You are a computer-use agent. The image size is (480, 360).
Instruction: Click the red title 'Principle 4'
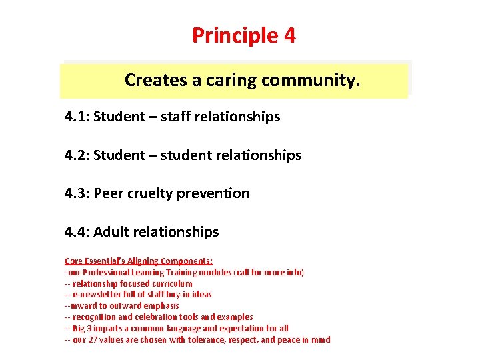[x=243, y=35]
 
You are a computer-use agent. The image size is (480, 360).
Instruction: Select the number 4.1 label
[x=77, y=117]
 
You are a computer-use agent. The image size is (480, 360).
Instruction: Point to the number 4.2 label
[x=77, y=155]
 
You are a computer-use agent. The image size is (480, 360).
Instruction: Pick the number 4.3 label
[x=77, y=193]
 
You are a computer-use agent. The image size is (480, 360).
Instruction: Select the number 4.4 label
[x=77, y=232]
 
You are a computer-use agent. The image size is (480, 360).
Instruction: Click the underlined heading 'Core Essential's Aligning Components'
[x=139, y=261]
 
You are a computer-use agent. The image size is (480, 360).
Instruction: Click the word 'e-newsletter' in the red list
[x=97, y=295]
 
